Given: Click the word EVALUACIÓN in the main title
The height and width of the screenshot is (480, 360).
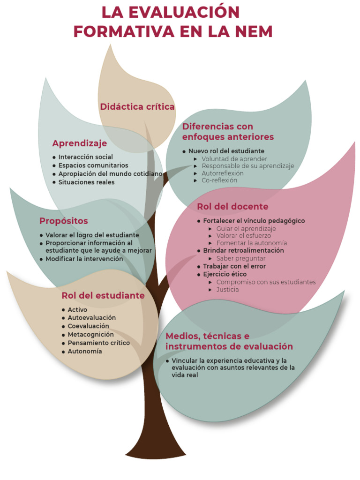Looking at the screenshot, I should (x=184, y=12).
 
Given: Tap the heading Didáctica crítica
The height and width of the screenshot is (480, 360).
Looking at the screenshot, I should (x=137, y=107).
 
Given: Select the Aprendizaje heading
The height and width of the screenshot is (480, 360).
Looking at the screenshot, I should (x=80, y=143).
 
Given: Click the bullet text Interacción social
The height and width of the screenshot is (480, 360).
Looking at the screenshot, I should (x=85, y=157).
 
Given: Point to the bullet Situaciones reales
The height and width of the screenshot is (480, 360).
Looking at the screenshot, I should (x=86, y=182).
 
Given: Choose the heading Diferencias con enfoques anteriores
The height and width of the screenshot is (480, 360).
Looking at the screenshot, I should (x=228, y=132).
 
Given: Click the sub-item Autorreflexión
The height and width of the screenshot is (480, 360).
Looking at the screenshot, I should (x=222, y=173).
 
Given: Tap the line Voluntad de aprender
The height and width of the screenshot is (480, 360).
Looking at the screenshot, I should (x=234, y=159).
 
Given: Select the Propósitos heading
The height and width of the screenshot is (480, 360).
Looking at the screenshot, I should (x=63, y=221).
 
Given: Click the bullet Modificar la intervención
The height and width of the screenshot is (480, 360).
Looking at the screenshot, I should (x=84, y=259).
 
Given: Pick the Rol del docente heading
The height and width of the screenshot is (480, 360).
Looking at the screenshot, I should (x=232, y=207).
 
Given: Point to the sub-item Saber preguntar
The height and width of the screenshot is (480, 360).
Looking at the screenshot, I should (x=241, y=258).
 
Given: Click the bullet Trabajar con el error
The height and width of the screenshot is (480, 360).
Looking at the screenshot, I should (x=234, y=266).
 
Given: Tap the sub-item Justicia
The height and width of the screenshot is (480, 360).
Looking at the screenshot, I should (x=227, y=290).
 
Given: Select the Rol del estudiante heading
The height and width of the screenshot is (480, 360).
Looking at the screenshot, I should (x=103, y=296).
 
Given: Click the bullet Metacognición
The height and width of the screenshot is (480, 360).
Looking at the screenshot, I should (x=90, y=335).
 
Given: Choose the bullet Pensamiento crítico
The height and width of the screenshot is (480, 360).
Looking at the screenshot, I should (x=98, y=343).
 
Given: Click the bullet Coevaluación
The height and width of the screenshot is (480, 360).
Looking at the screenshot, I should (x=88, y=326).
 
